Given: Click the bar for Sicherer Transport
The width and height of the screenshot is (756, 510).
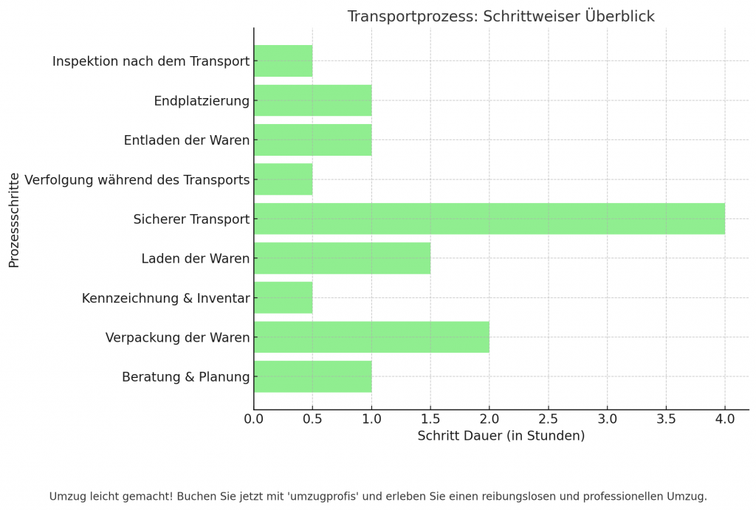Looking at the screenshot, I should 489,218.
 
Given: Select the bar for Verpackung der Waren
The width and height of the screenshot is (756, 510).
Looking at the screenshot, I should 371,337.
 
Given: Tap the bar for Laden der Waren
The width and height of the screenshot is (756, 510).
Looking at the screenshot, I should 342,258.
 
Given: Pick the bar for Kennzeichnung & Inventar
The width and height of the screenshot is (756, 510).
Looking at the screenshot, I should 283,297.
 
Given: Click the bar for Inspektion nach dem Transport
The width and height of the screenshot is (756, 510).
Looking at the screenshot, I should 283,61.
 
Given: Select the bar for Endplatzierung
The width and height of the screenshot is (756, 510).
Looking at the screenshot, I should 312,100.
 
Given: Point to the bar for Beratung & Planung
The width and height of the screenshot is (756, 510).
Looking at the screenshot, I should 312,376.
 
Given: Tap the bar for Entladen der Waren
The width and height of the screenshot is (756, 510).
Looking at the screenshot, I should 312,140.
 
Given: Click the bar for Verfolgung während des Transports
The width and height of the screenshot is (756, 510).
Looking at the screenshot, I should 283,179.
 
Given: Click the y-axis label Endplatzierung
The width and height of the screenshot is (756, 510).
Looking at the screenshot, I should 202,101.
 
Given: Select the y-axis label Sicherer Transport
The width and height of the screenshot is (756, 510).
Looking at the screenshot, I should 191,219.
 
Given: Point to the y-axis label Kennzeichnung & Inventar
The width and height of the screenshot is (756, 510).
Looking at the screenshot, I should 166,298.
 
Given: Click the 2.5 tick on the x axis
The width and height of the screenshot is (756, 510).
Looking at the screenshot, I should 548,419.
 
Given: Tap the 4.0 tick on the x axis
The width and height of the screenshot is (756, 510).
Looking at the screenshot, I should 725,419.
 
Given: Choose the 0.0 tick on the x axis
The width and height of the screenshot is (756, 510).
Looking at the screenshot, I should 254,419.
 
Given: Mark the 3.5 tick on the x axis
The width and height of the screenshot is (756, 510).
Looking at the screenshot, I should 666,419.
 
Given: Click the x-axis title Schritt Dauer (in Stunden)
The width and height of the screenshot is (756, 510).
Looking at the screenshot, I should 501,436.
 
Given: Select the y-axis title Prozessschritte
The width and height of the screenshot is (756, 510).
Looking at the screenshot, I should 14,219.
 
